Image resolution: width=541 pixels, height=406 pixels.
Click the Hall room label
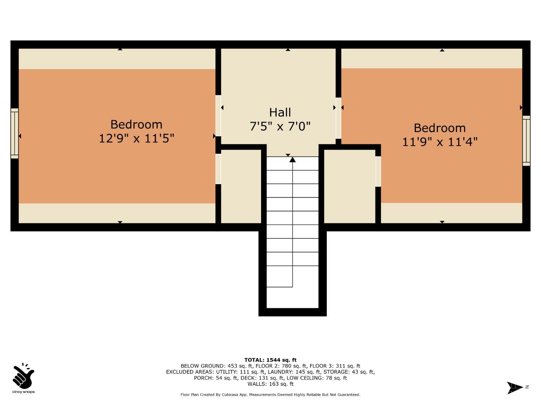280,112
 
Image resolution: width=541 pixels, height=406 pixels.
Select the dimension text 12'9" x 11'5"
136,138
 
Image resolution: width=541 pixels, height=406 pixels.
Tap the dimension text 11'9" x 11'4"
440,142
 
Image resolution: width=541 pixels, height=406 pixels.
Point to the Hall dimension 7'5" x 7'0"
280,126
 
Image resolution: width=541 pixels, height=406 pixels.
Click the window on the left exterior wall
14,134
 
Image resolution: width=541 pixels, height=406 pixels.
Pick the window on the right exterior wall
526,141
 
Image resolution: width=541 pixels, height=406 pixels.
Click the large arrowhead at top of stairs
293,160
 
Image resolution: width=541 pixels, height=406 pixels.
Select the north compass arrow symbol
515,388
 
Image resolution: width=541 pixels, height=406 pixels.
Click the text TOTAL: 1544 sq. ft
270,360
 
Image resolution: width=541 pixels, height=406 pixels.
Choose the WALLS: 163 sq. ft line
270,384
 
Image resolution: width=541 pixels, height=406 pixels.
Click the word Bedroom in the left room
136,124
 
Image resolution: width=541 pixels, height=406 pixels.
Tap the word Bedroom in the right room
440,128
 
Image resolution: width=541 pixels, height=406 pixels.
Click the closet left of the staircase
241,186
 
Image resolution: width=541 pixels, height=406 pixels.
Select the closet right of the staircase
349,186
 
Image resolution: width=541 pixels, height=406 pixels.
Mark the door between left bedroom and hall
218,115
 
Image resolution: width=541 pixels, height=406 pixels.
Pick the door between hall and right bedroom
338,118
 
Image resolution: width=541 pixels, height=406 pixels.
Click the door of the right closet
378,171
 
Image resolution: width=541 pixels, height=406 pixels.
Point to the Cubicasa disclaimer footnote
270,395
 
